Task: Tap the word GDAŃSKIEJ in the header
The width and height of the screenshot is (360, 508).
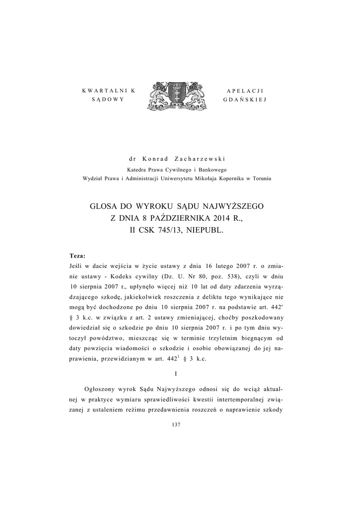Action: (x=245, y=99)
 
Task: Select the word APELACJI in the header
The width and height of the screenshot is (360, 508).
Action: (x=245, y=90)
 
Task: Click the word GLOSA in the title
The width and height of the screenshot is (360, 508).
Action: (x=104, y=205)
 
